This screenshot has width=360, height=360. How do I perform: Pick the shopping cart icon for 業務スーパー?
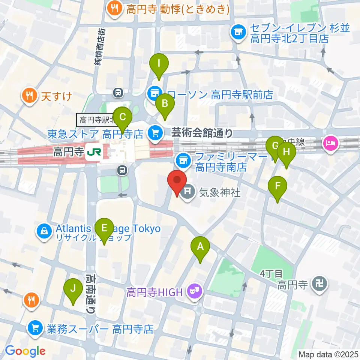(x=35, y=329)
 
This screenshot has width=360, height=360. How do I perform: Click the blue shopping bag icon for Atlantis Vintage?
(x=44, y=230)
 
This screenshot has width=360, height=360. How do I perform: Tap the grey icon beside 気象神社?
(x=187, y=193)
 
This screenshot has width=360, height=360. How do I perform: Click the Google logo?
(x=25, y=351)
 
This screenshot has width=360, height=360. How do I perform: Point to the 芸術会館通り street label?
(x=202, y=132)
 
